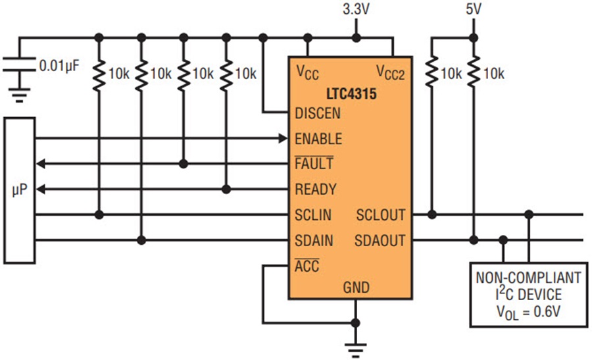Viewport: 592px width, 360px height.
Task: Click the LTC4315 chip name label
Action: point(351,93)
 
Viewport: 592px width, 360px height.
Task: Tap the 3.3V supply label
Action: point(356,9)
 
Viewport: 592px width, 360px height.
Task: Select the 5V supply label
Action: point(474,9)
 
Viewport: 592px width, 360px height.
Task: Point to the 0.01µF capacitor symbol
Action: point(19,64)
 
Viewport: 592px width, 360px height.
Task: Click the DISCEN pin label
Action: point(318,113)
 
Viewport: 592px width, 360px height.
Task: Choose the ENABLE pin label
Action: point(318,139)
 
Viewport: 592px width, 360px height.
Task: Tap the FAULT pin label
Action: point(314,164)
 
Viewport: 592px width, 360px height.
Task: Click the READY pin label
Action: point(316,190)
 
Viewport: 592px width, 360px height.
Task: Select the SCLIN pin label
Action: point(313,215)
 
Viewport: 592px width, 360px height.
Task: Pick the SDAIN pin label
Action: point(314,241)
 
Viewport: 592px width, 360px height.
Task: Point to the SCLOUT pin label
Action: point(381,215)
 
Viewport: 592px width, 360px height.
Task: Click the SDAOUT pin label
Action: point(380,241)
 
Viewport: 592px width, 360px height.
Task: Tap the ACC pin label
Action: point(307,266)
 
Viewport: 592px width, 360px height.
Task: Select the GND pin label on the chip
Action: point(356,288)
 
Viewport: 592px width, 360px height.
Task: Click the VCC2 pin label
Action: point(390,72)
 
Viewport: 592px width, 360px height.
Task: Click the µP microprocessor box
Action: point(20,190)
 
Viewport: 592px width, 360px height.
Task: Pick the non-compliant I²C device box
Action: point(529,294)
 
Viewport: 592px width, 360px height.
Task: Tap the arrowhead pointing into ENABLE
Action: point(283,139)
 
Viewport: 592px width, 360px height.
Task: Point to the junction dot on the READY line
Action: point(226,190)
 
